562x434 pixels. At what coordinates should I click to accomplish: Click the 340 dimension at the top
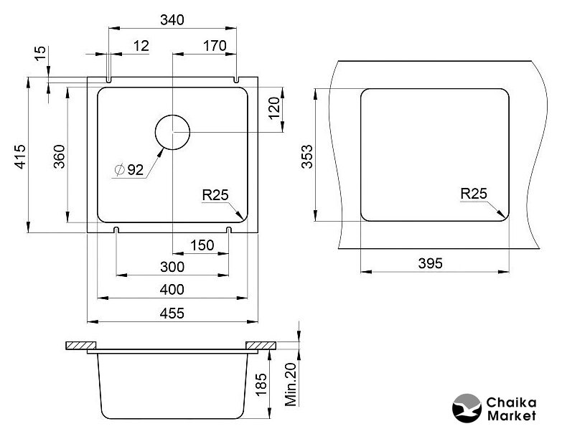click(172, 19)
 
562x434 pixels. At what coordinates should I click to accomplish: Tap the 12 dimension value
click(141, 46)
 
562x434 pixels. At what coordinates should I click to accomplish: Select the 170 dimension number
click(215, 46)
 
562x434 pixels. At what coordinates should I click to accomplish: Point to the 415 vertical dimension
click(20, 156)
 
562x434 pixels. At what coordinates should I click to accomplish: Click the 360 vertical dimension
click(59, 156)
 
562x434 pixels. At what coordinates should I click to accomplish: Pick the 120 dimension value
click(274, 108)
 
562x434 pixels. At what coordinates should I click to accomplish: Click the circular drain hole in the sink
click(172, 115)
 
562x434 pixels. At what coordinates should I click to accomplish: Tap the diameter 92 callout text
click(129, 169)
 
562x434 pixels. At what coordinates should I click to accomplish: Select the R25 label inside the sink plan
click(215, 195)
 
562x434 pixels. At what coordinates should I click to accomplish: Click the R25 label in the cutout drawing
click(474, 194)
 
